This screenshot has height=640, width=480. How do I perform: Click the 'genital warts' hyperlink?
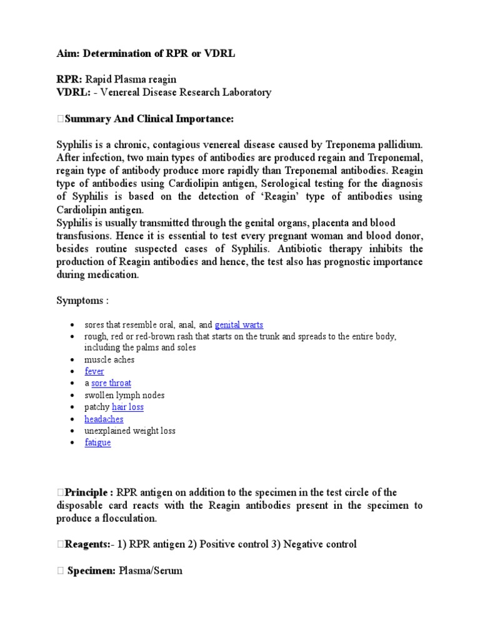(x=239, y=324)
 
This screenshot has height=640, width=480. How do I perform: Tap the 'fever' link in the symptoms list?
(x=94, y=371)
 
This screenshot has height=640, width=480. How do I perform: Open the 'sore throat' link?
(x=111, y=383)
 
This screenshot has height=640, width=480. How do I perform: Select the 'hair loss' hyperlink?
(x=127, y=407)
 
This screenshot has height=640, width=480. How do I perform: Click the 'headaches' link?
(x=104, y=419)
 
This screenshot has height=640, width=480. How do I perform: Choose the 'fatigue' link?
(x=97, y=442)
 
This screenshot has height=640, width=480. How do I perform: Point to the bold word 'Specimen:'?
(x=92, y=571)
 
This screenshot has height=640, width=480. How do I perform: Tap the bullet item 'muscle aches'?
(x=109, y=359)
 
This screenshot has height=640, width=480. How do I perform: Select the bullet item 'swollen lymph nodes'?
(x=124, y=395)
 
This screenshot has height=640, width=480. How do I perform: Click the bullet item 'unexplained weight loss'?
(x=130, y=431)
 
